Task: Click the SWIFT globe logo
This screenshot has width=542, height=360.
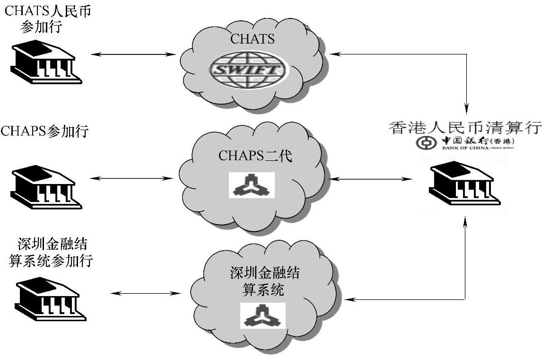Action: [248, 70]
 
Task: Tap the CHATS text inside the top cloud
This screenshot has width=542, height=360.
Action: [252, 39]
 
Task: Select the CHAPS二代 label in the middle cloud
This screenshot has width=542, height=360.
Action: [255, 156]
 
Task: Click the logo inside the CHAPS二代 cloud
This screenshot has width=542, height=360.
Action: [252, 184]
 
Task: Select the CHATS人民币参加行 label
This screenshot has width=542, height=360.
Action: [47, 18]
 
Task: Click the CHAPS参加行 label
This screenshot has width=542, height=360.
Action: [44, 131]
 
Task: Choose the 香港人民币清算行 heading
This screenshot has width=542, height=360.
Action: [465, 127]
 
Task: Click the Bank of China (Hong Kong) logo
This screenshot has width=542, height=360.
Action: [465, 142]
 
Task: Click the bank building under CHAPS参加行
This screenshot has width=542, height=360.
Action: [46, 186]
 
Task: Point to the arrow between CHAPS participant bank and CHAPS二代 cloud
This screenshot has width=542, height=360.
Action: [131, 178]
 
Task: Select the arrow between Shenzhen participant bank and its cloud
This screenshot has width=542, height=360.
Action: [145, 293]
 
